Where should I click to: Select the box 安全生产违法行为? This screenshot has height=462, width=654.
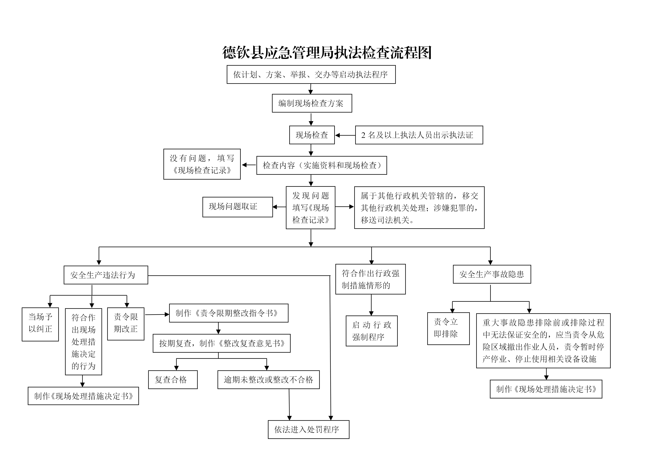pyautogui.click(x=106, y=275)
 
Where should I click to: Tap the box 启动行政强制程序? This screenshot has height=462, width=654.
pyautogui.click(x=371, y=331)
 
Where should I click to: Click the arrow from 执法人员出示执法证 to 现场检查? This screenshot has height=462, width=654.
pyautogui.click(x=345, y=136)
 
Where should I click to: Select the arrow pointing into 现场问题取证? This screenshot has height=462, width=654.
pyautogui.click(x=279, y=207)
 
